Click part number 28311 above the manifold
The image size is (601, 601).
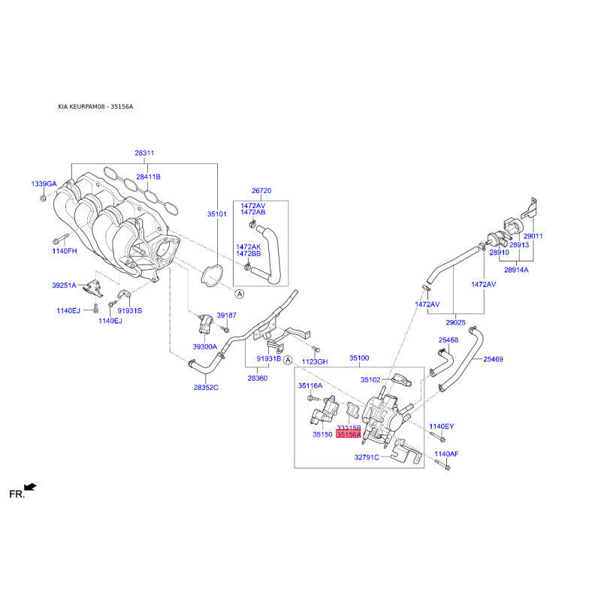[144, 153]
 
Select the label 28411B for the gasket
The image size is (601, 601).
[148, 177]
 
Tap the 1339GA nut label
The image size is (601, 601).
[43, 184]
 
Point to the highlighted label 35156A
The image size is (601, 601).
[349, 435]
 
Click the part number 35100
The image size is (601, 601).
[359, 358]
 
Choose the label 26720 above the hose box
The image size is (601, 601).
[261, 191]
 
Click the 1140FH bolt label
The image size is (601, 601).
[65, 251]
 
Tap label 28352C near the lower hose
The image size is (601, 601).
[206, 388]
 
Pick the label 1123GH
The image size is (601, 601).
[316, 362]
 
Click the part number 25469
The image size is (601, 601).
[493, 359]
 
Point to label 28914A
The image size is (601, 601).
[516, 270]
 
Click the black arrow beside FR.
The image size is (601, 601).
[30, 487]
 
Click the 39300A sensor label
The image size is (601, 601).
[204, 346]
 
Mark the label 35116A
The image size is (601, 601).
[310, 385]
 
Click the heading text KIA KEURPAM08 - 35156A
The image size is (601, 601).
[95, 107]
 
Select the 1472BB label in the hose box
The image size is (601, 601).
[249, 254]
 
